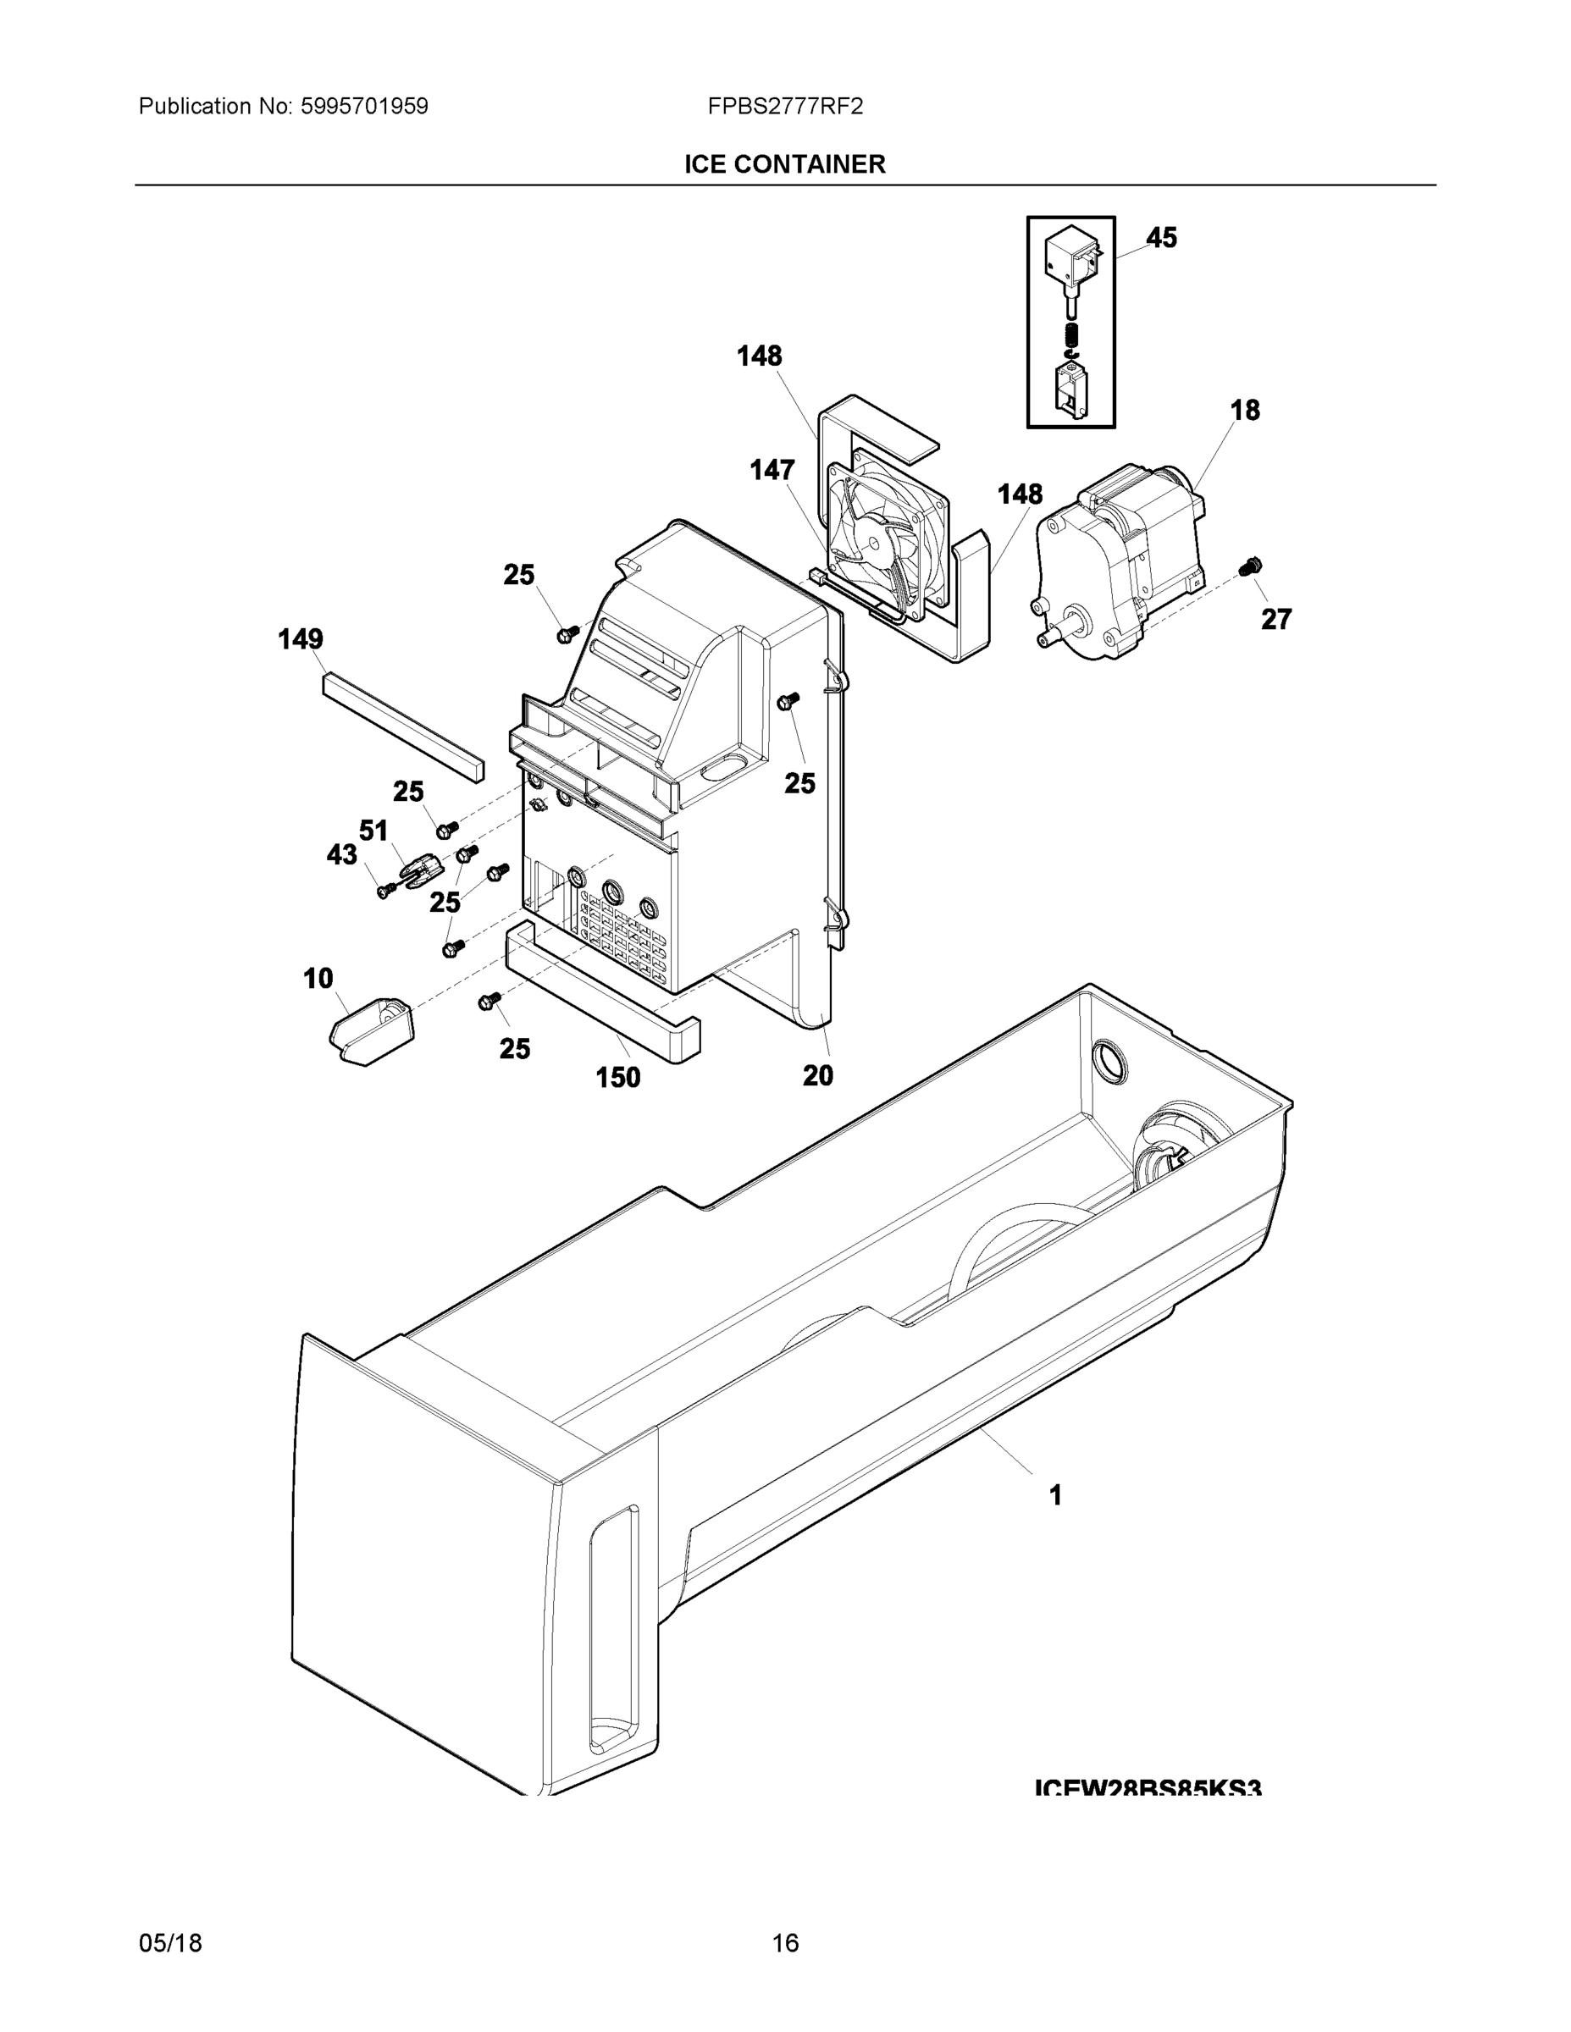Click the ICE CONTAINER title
coord(784,165)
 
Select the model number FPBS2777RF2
coord(784,107)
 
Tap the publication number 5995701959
coord(364,107)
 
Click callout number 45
coord(1160,238)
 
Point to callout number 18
coord(1244,411)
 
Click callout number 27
coord(1276,619)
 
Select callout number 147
coord(772,471)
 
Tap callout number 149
coord(301,639)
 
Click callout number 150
coord(618,1078)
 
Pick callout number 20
coord(818,1075)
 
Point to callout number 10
coord(318,978)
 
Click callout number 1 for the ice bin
coord(1055,1495)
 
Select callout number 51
coord(373,831)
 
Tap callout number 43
coord(341,855)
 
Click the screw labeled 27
coord(1253,565)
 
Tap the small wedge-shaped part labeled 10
coord(370,1031)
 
